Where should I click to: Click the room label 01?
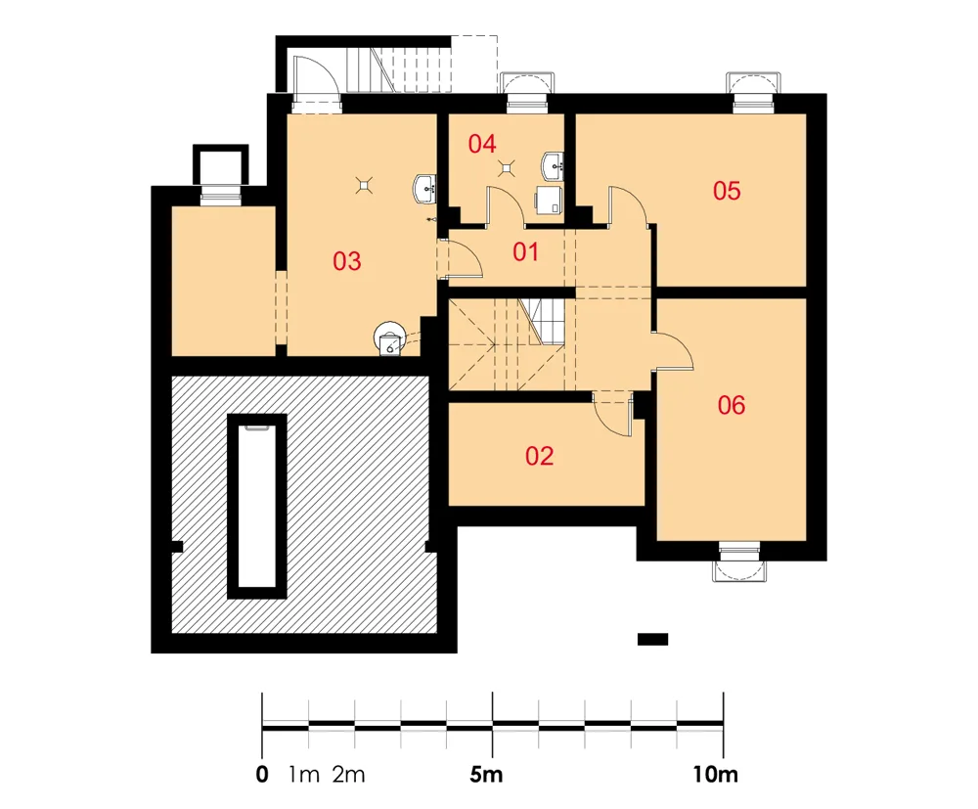point(525,252)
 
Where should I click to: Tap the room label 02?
point(539,456)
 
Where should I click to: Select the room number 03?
point(346,261)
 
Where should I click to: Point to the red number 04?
point(482,144)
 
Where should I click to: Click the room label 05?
point(727,190)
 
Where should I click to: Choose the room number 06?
point(731,405)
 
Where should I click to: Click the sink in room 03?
point(424,189)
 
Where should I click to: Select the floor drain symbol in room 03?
point(364,184)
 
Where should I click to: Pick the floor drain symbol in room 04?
point(507,168)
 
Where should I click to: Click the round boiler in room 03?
point(390,338)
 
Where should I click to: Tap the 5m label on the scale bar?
point(486,774)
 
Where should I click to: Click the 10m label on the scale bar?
point(716,774)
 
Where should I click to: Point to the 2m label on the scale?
point(348,774)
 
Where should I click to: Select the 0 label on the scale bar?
point(262,774)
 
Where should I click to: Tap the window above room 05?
point(753,92)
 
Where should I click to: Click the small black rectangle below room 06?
point(652,640)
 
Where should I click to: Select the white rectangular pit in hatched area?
point(257,506)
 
